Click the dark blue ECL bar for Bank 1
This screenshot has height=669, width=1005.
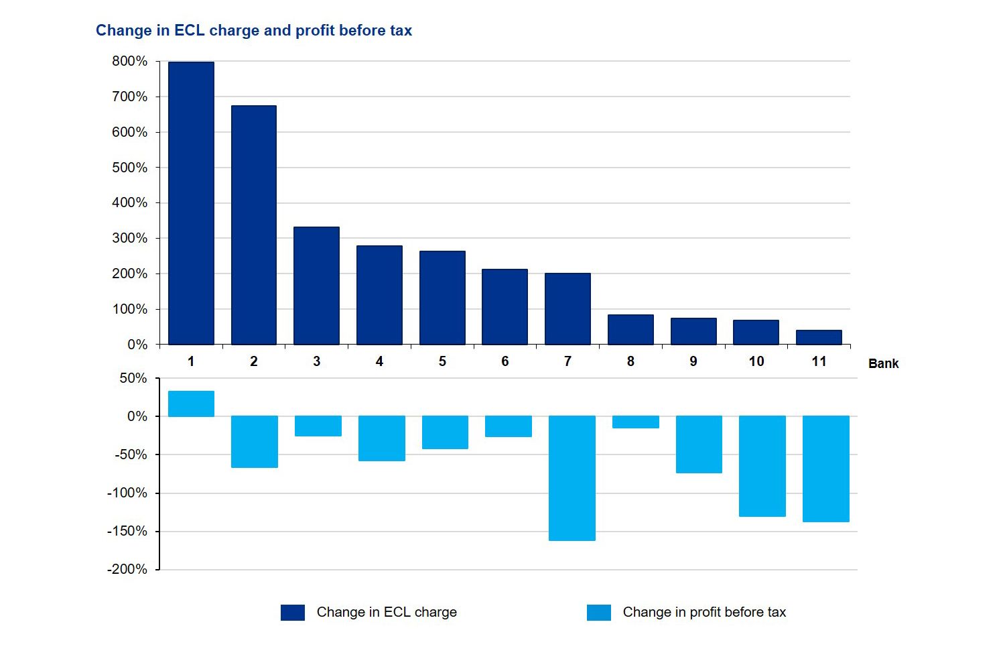tap(191, 203)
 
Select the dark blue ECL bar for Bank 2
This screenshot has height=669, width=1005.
tap(253, 225)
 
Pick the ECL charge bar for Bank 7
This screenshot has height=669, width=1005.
tap(567, 309)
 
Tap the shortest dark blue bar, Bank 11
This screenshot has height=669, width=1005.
tap(819, 337)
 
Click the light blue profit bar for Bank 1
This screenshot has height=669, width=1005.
tap(191, 404)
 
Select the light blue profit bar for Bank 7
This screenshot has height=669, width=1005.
tap(572, 478)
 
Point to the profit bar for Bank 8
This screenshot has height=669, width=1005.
tap(635, 422)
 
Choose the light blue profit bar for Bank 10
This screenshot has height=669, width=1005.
tap(762, 466)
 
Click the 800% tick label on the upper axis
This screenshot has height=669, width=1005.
tap(129, 61)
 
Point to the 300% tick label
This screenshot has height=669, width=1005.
tap(129, 238)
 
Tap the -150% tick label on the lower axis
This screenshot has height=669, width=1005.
tap(127, 531)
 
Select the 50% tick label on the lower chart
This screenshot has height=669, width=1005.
tap(133, 378)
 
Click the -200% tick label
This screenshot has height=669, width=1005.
tap(127, 569)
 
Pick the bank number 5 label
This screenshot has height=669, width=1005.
tap(442, 361)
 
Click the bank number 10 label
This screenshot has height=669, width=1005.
tap(756, 361)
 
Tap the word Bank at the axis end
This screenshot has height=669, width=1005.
tap(883, 363)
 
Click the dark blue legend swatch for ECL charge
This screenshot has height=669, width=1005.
tap(293, 612)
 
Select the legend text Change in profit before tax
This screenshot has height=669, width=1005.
tap(704, 612)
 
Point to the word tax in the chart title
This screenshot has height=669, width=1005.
tap(401, 30)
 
